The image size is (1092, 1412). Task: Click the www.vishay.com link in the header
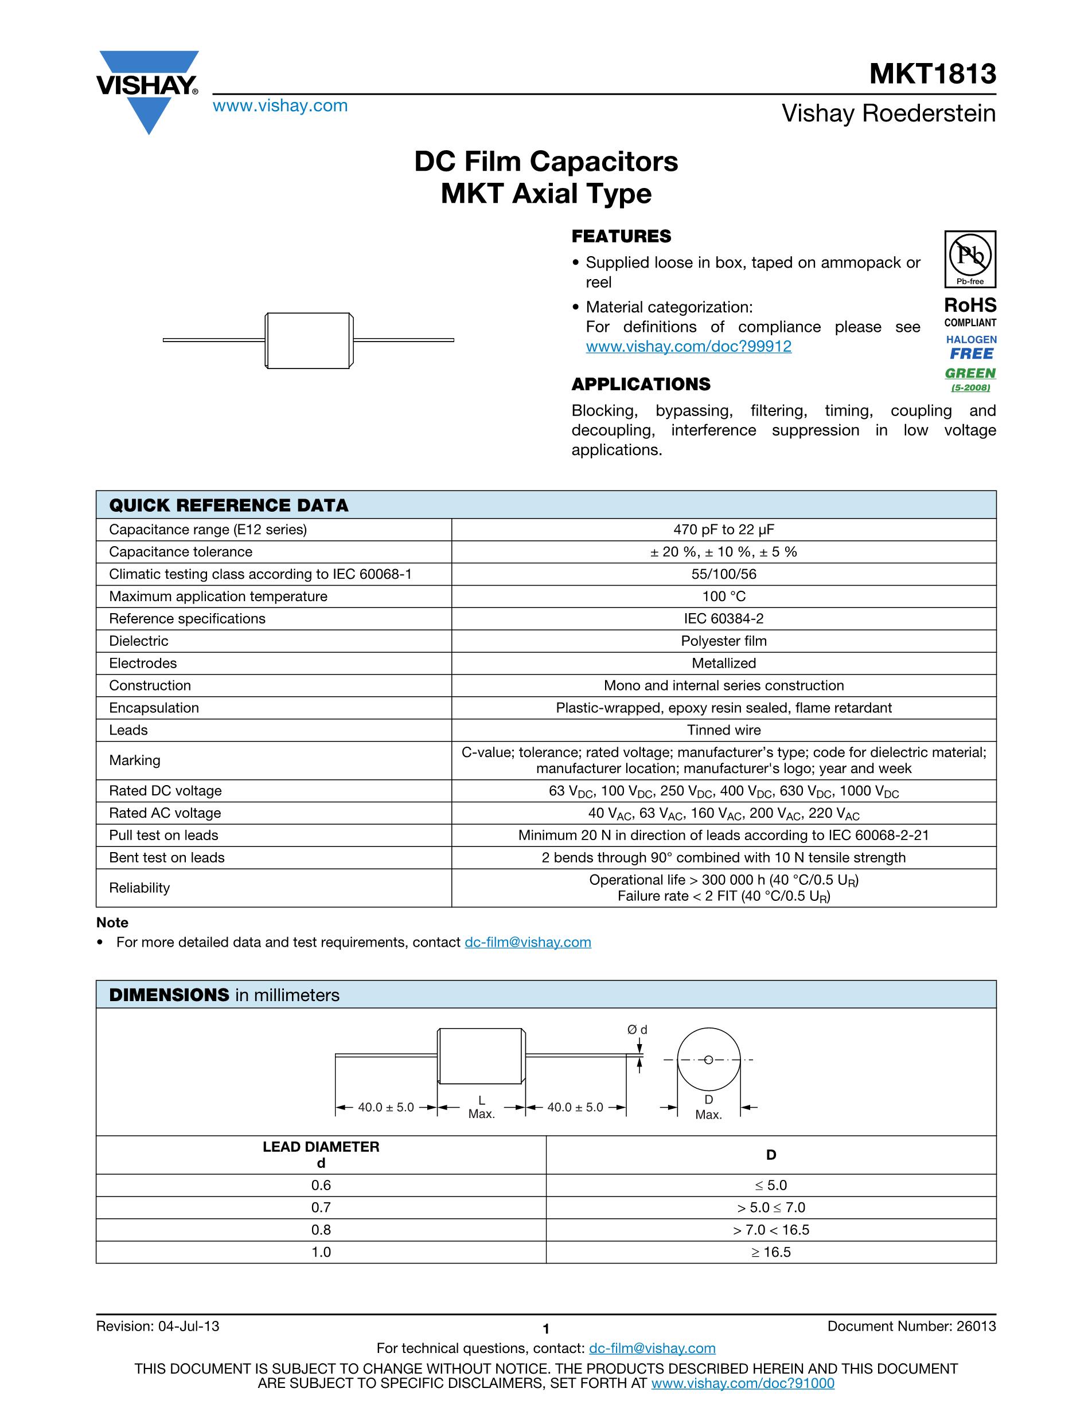280,106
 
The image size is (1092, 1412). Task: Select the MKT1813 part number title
932,74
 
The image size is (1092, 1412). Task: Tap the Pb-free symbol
970,258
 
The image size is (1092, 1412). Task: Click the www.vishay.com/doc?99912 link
688,347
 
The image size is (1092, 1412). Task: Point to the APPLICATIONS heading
641,384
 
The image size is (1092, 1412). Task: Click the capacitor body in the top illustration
309,341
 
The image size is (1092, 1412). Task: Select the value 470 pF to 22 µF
723,529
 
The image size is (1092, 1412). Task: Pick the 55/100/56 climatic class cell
723,574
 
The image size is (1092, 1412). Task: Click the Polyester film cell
723,641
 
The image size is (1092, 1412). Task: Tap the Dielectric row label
138,641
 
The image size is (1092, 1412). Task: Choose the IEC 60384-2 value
723,619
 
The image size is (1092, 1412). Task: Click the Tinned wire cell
723,730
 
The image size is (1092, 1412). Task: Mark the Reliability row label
139,888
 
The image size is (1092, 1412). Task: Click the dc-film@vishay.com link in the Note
528,942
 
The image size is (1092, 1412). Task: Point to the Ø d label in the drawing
637,1029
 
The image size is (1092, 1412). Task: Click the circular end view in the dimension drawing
708,1060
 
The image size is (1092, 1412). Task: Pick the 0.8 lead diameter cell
321,1230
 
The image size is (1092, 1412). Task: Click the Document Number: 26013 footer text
911,1326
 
